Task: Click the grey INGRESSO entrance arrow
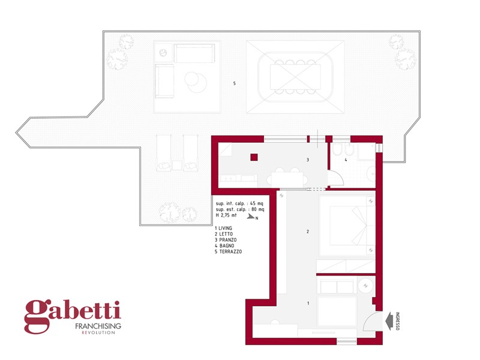pos(389,321)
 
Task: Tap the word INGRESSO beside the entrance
pos(398,321)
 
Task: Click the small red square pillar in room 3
pos(254,157)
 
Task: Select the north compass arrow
pos(251,217)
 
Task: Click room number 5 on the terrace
pos(235,83)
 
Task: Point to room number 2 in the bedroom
pos(308,232)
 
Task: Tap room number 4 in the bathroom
pos(346,160)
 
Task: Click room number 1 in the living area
pos(308,303)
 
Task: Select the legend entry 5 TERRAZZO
pos(229,251)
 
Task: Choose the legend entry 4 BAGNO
pos(224,246)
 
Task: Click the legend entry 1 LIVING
pos(223,228)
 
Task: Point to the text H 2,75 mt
pos(226,215)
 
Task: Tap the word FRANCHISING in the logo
pos(98,326)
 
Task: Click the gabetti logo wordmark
pos(73,314)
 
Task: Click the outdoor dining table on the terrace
pos(295,77)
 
